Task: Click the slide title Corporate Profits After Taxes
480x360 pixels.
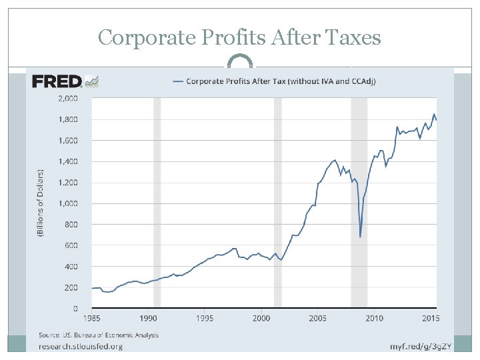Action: (x=239, y=37)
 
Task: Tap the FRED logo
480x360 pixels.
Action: (x=57, y=81)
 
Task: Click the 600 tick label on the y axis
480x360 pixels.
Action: (x=71, y=245)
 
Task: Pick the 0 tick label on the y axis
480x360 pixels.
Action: (x=75, y=309)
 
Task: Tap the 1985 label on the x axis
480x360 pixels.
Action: (x=92, y=318)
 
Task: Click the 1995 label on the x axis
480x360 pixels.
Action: (x=205, y=318)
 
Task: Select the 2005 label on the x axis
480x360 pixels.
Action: (x=317, y=318)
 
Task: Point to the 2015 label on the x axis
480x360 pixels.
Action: (x=430, y=318)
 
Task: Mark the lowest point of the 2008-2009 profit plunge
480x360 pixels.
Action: (x=360, y=237)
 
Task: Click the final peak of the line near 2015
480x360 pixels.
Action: (x=434, y=114)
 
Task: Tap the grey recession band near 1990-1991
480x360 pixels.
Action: (x=157, y=200)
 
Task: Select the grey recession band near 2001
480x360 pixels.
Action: (x=277, y=200)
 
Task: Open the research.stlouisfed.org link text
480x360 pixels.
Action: (x=81, y=346)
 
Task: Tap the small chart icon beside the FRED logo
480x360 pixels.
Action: (x=92, y=81)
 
